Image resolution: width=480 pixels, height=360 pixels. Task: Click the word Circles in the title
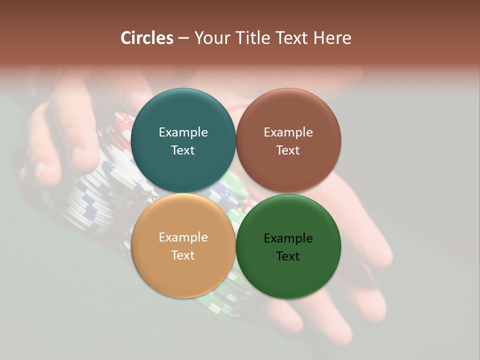click(147, 38)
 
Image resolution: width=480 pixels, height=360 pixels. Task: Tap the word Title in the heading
click(254, 38)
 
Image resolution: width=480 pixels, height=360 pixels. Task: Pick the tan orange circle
click(183, 272)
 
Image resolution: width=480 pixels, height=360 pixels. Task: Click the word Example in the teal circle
click(183, 132)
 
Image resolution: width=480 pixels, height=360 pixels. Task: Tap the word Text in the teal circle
click(183, 150)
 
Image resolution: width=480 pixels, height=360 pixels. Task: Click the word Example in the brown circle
click(288, 132)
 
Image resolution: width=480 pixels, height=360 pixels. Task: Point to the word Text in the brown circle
click(288, 150)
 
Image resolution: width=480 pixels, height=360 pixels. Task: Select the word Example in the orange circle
click(183, 237)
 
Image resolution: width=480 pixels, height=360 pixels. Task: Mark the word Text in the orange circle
click(183, 255)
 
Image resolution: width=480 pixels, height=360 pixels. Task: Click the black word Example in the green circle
click(288, 238)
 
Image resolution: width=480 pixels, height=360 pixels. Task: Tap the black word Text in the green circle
click(288, 256)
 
